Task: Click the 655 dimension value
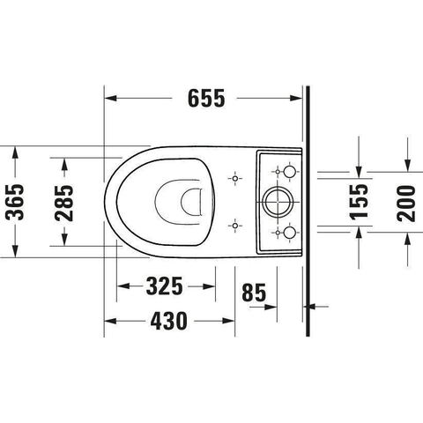[206, 98]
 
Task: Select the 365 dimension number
[15, 202]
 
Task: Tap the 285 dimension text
[65, 203]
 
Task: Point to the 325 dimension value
[164, 286]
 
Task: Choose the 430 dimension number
[168, 321]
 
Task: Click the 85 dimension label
[254, 293]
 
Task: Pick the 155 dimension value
[359, 202]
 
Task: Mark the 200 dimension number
[406, 204]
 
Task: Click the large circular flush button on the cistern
[278, 202]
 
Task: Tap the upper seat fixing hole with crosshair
[234, 178]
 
